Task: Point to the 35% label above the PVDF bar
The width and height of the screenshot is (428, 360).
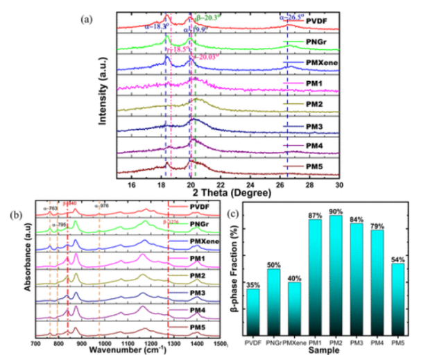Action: point(253,284)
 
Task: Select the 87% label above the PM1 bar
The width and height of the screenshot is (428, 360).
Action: point(316,215)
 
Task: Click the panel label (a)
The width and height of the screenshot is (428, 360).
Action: point(87,19)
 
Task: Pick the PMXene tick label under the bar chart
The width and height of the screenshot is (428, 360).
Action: point(296,343)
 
